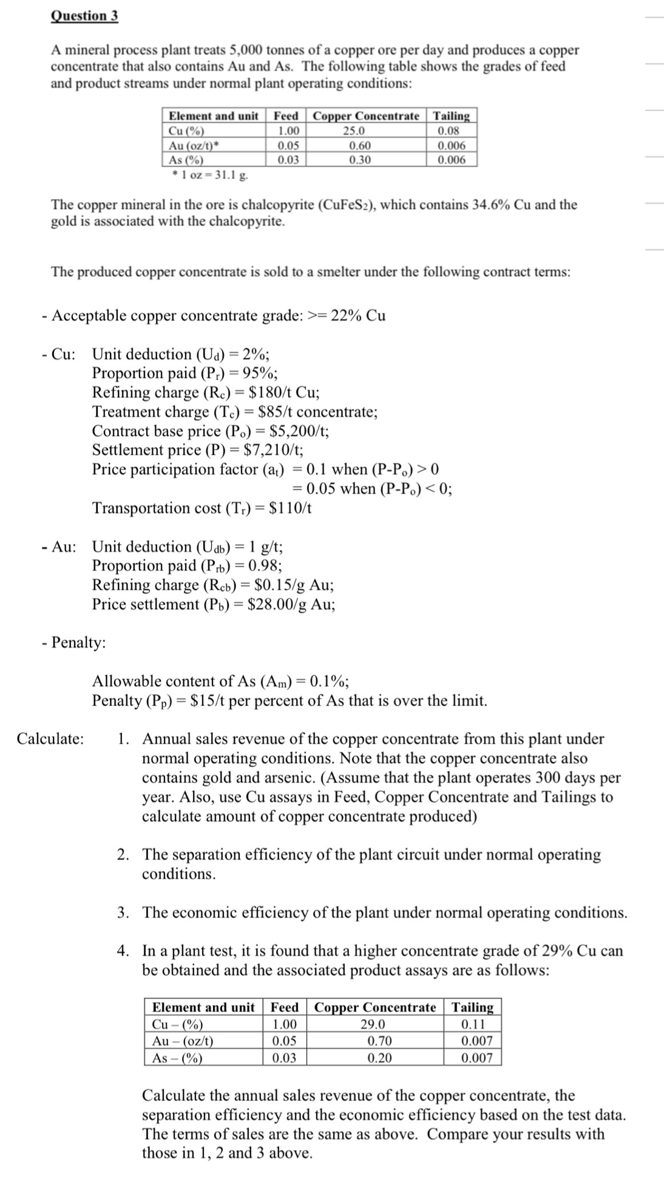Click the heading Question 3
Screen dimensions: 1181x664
84,16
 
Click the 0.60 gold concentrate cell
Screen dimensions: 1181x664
360,146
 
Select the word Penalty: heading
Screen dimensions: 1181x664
78,642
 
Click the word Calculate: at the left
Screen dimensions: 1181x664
50,739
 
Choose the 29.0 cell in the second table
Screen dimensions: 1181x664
373,1025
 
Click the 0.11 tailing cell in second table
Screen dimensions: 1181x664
473,1025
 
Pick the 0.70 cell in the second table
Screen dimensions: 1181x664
380,1041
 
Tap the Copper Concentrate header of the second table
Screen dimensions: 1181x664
375,1008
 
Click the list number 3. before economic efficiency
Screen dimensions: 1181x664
123,913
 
